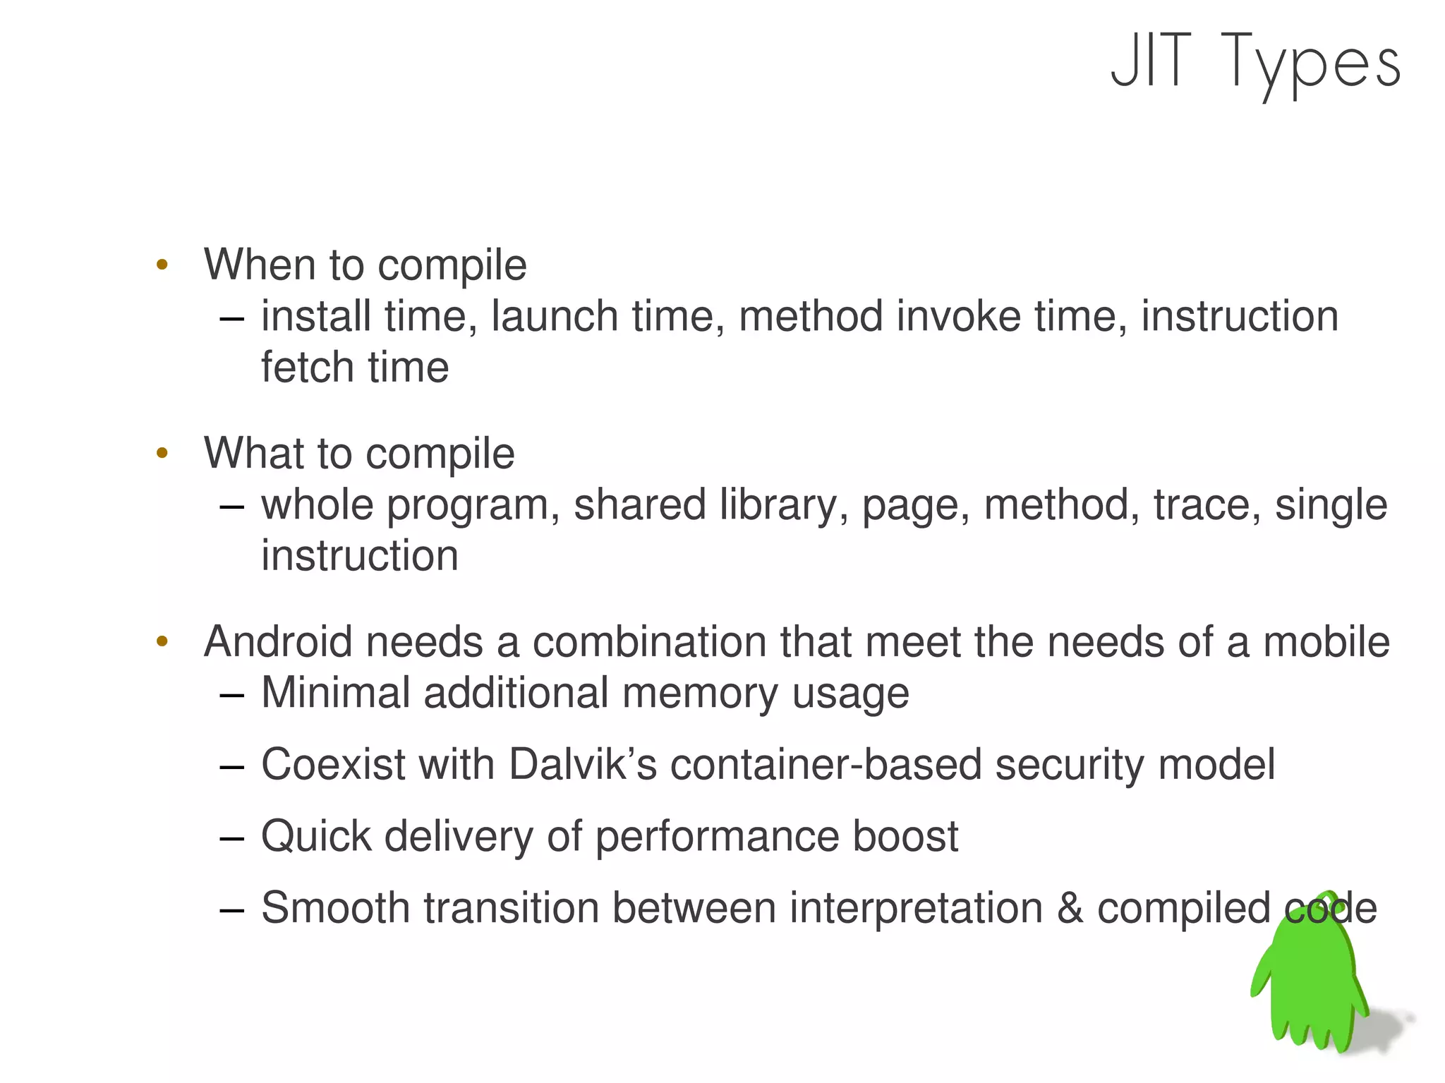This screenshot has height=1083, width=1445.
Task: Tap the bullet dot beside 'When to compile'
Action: [162, 265]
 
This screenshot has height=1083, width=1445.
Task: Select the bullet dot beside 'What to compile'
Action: [162, 453]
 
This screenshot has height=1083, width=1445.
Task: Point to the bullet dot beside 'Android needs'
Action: [162, 642]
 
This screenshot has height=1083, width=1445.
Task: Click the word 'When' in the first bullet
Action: [259, 265]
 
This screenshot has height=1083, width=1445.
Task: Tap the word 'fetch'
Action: [307, 368]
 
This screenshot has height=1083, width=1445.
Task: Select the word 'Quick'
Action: [315, 837]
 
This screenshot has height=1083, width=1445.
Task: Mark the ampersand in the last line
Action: [1070, 909]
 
